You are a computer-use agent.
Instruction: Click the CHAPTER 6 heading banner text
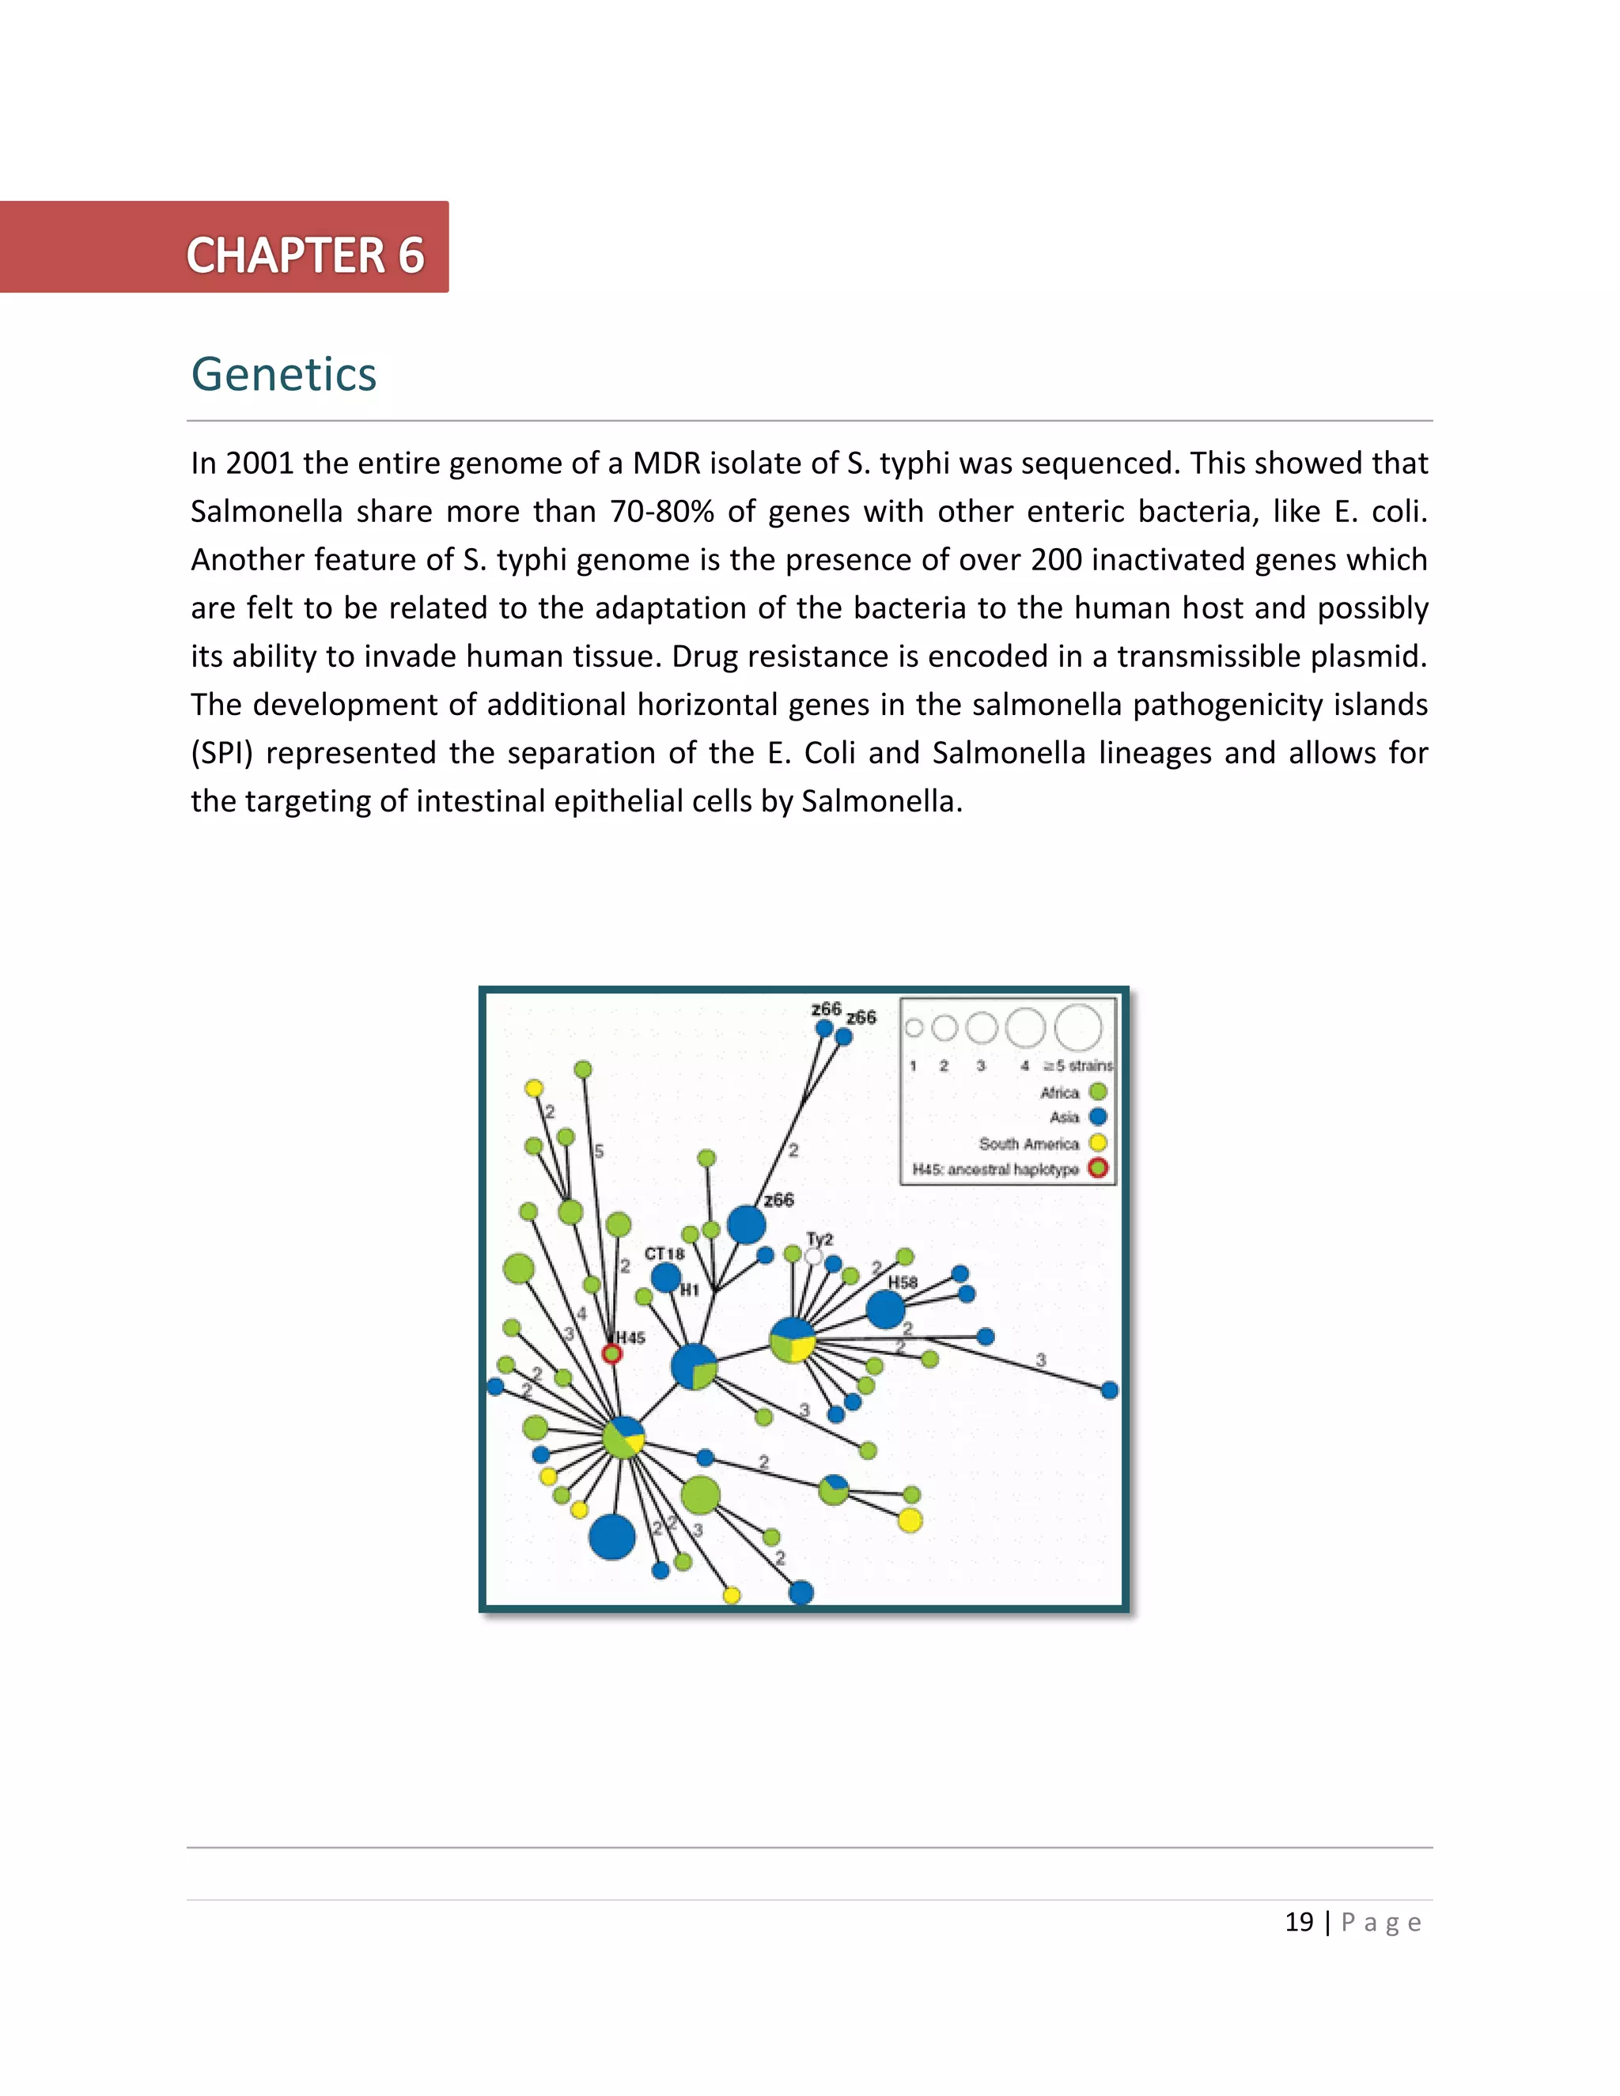pyautogui.click(x=305, y=255)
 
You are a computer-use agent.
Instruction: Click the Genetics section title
pyautogui.click(x=283, y=374)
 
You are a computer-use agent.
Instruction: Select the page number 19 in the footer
pyautogui.click(x=1299, y=1922)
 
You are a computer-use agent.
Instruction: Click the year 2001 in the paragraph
pyautogui.click(x=259, y=463)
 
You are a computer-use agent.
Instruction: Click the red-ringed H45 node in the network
pyautogui.click(x=611, y=1353)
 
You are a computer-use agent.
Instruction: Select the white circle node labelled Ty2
pyautogui.click(x=814, y=1256)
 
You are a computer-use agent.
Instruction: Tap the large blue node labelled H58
pyautogui.click(x=885, y=1309)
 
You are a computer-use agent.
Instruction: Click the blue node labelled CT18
pyautogui.click(x=666, y=1277)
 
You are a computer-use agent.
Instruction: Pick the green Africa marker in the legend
pyautogui.click(x=1098, y=1092)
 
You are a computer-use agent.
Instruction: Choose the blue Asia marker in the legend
pyautogui.click(x=1098, y=1117)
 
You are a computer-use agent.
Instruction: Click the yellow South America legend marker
pyautogui.click(x=1098, y=1143)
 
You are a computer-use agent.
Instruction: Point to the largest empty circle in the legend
pyautogui.click(x=1078, y=1028)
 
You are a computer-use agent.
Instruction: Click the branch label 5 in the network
pyautogui.click(x=599, y=1151)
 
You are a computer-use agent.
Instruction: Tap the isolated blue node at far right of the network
pyautogui.click(x=1110, y=1390)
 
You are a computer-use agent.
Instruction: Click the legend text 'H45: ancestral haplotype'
pyautogui.click(x=995, y=1169)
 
